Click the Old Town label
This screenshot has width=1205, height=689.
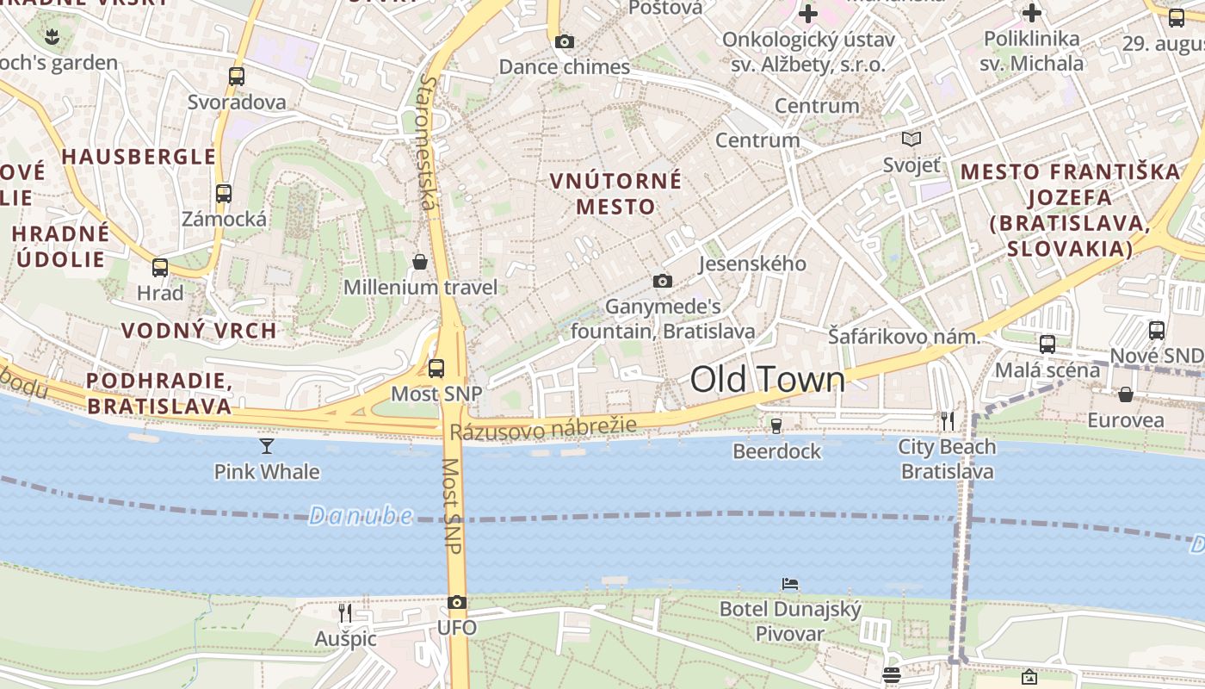point(768,379)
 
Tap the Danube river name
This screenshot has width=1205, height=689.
point(361,516)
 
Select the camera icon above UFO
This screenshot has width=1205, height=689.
point(457,603)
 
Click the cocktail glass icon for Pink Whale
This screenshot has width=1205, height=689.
point(267,445)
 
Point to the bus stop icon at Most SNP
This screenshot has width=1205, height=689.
point(436,369)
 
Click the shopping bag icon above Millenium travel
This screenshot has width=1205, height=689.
point(420,262)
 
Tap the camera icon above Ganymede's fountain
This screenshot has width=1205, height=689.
point(662,281)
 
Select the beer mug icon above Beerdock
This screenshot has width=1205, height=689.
point(776,425)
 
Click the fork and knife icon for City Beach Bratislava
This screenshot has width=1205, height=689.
point(947,420)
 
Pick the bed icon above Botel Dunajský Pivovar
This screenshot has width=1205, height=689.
point(790,584)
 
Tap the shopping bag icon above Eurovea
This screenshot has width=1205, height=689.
point(1125,394)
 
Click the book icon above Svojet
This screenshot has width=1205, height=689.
point(911,139)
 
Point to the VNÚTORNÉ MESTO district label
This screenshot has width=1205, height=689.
point(615,194)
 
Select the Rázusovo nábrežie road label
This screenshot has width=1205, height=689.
point(543,427)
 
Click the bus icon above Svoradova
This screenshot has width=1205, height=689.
point(237,76)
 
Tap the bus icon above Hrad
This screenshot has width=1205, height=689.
point(160,267)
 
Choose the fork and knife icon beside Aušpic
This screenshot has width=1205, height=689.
point(345,612)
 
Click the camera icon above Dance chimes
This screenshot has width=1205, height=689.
point(565,41)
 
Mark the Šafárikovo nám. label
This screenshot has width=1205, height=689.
point(904,337)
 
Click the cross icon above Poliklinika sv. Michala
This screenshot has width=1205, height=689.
point(1031,13)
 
